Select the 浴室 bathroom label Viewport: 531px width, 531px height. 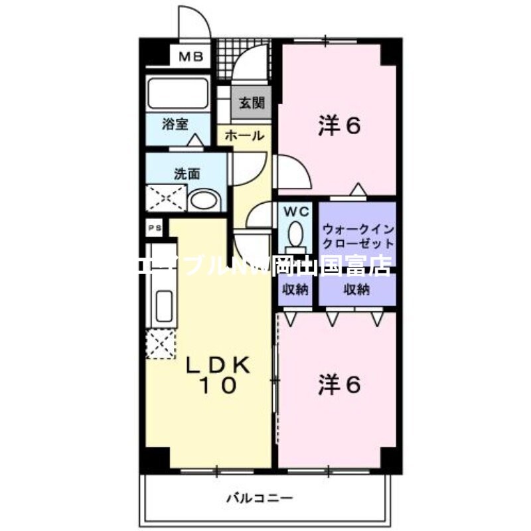tap(176, 124)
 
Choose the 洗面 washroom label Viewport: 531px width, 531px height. tap(187, 175)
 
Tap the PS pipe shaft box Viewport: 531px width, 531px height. tap(155, 228)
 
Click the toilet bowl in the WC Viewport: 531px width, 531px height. tap(295, 235)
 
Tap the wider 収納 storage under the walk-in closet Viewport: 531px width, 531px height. tap(357, 289)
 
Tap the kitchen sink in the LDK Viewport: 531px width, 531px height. tap(163, 305)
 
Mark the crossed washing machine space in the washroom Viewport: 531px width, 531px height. tap(167, 198)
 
